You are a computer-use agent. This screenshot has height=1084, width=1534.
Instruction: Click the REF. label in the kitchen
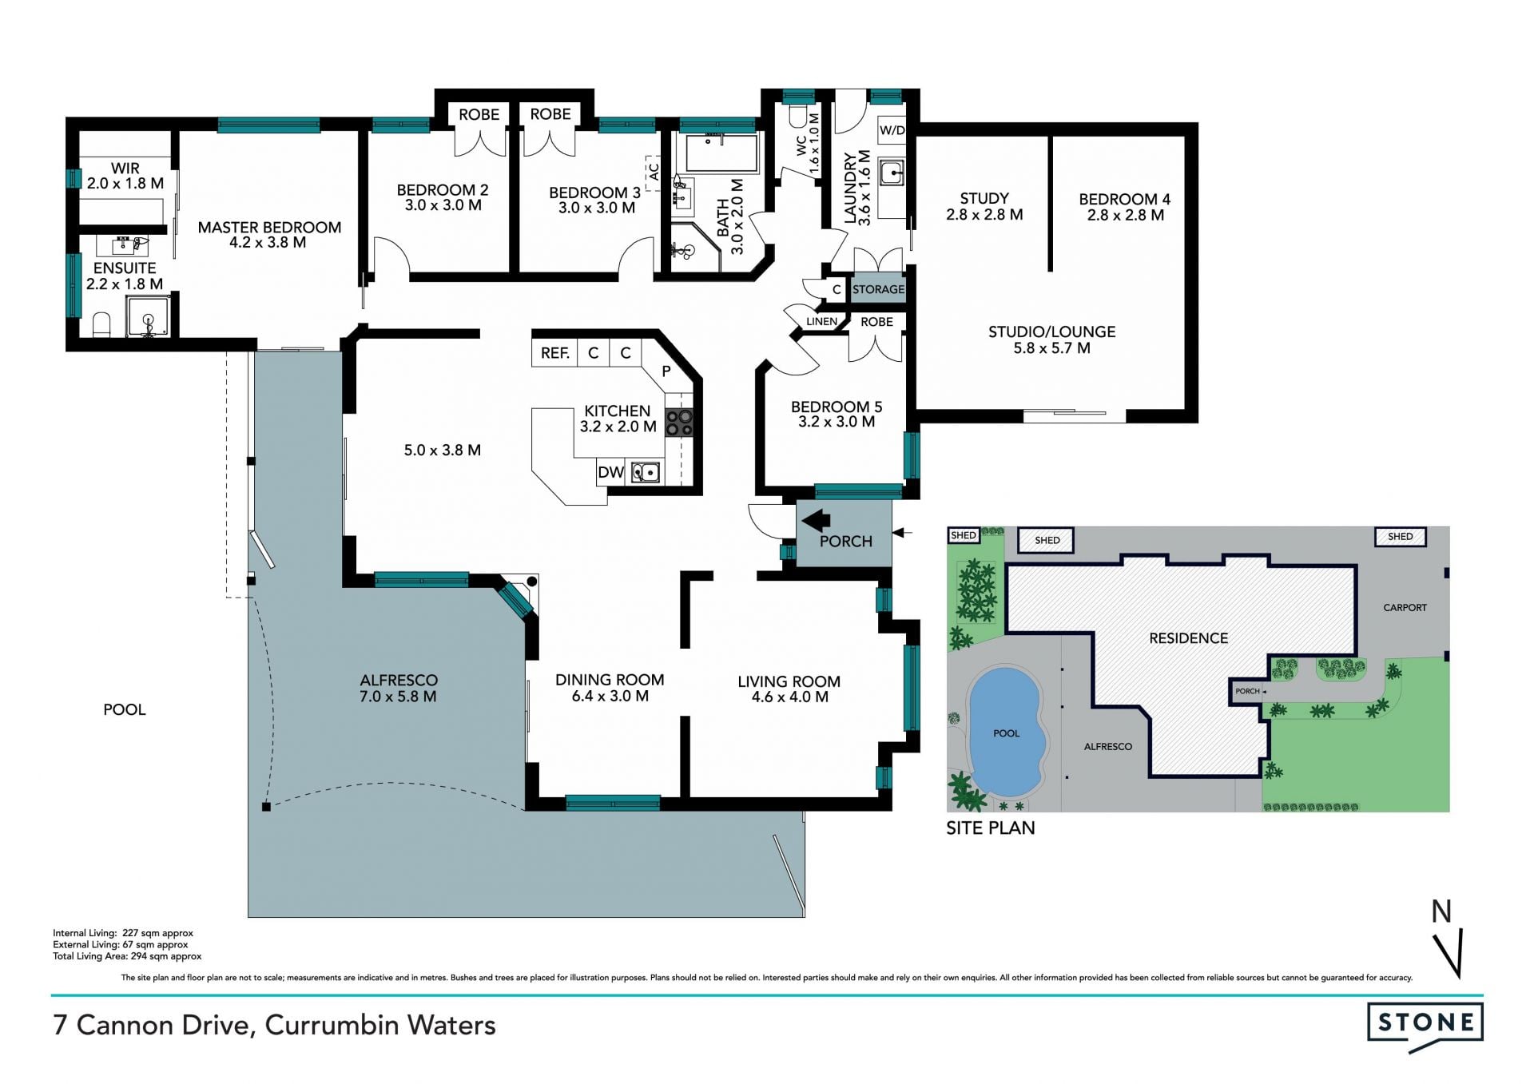[x=554, y=353]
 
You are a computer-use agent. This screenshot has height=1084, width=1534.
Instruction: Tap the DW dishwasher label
[x=610, y=472]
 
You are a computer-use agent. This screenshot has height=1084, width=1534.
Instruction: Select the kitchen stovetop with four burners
[x=679, y=423]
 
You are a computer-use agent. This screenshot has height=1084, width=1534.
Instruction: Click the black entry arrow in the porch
[x=816, y=522]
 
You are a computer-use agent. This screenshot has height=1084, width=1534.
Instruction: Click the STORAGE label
[x=878, y=289]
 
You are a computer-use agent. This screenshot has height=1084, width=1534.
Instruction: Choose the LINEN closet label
[x=821, y=321]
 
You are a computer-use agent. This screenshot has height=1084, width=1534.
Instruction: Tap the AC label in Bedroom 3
[x=653, y=172]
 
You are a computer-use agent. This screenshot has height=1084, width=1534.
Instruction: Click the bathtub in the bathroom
[x=721, y=153]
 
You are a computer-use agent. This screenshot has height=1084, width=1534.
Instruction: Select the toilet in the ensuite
[x=101, y=324]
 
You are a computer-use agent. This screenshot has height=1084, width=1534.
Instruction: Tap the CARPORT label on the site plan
[x=1405, y=608]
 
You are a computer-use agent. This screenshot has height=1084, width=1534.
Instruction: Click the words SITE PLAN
[x=991, y=828]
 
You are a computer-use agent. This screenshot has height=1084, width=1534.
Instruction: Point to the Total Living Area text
[x=127, y=956]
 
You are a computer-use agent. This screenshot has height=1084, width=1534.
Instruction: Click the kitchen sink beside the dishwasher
[x=645, y=472]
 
